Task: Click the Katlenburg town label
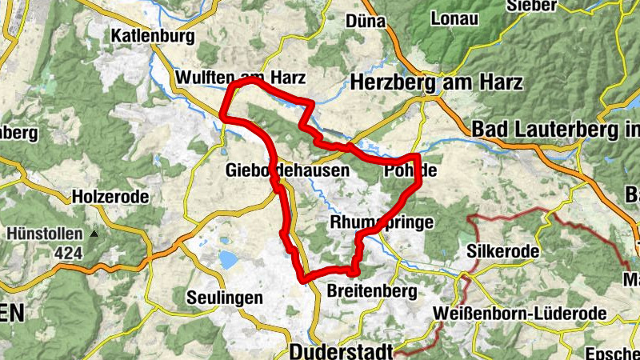tap(154, 36)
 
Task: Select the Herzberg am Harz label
tap(436, 82)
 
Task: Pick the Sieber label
tap(552, 6)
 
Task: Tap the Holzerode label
tap(111, 196)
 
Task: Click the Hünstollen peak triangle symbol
tap(94, 234)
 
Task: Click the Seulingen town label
tap(224, 298)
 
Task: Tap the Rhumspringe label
tap(382, 222)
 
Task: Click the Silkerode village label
tap(506, 251)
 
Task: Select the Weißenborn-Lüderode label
tap(513, 313)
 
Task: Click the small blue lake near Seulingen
tap(228, 259)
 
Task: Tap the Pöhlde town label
tap(411, 170)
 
